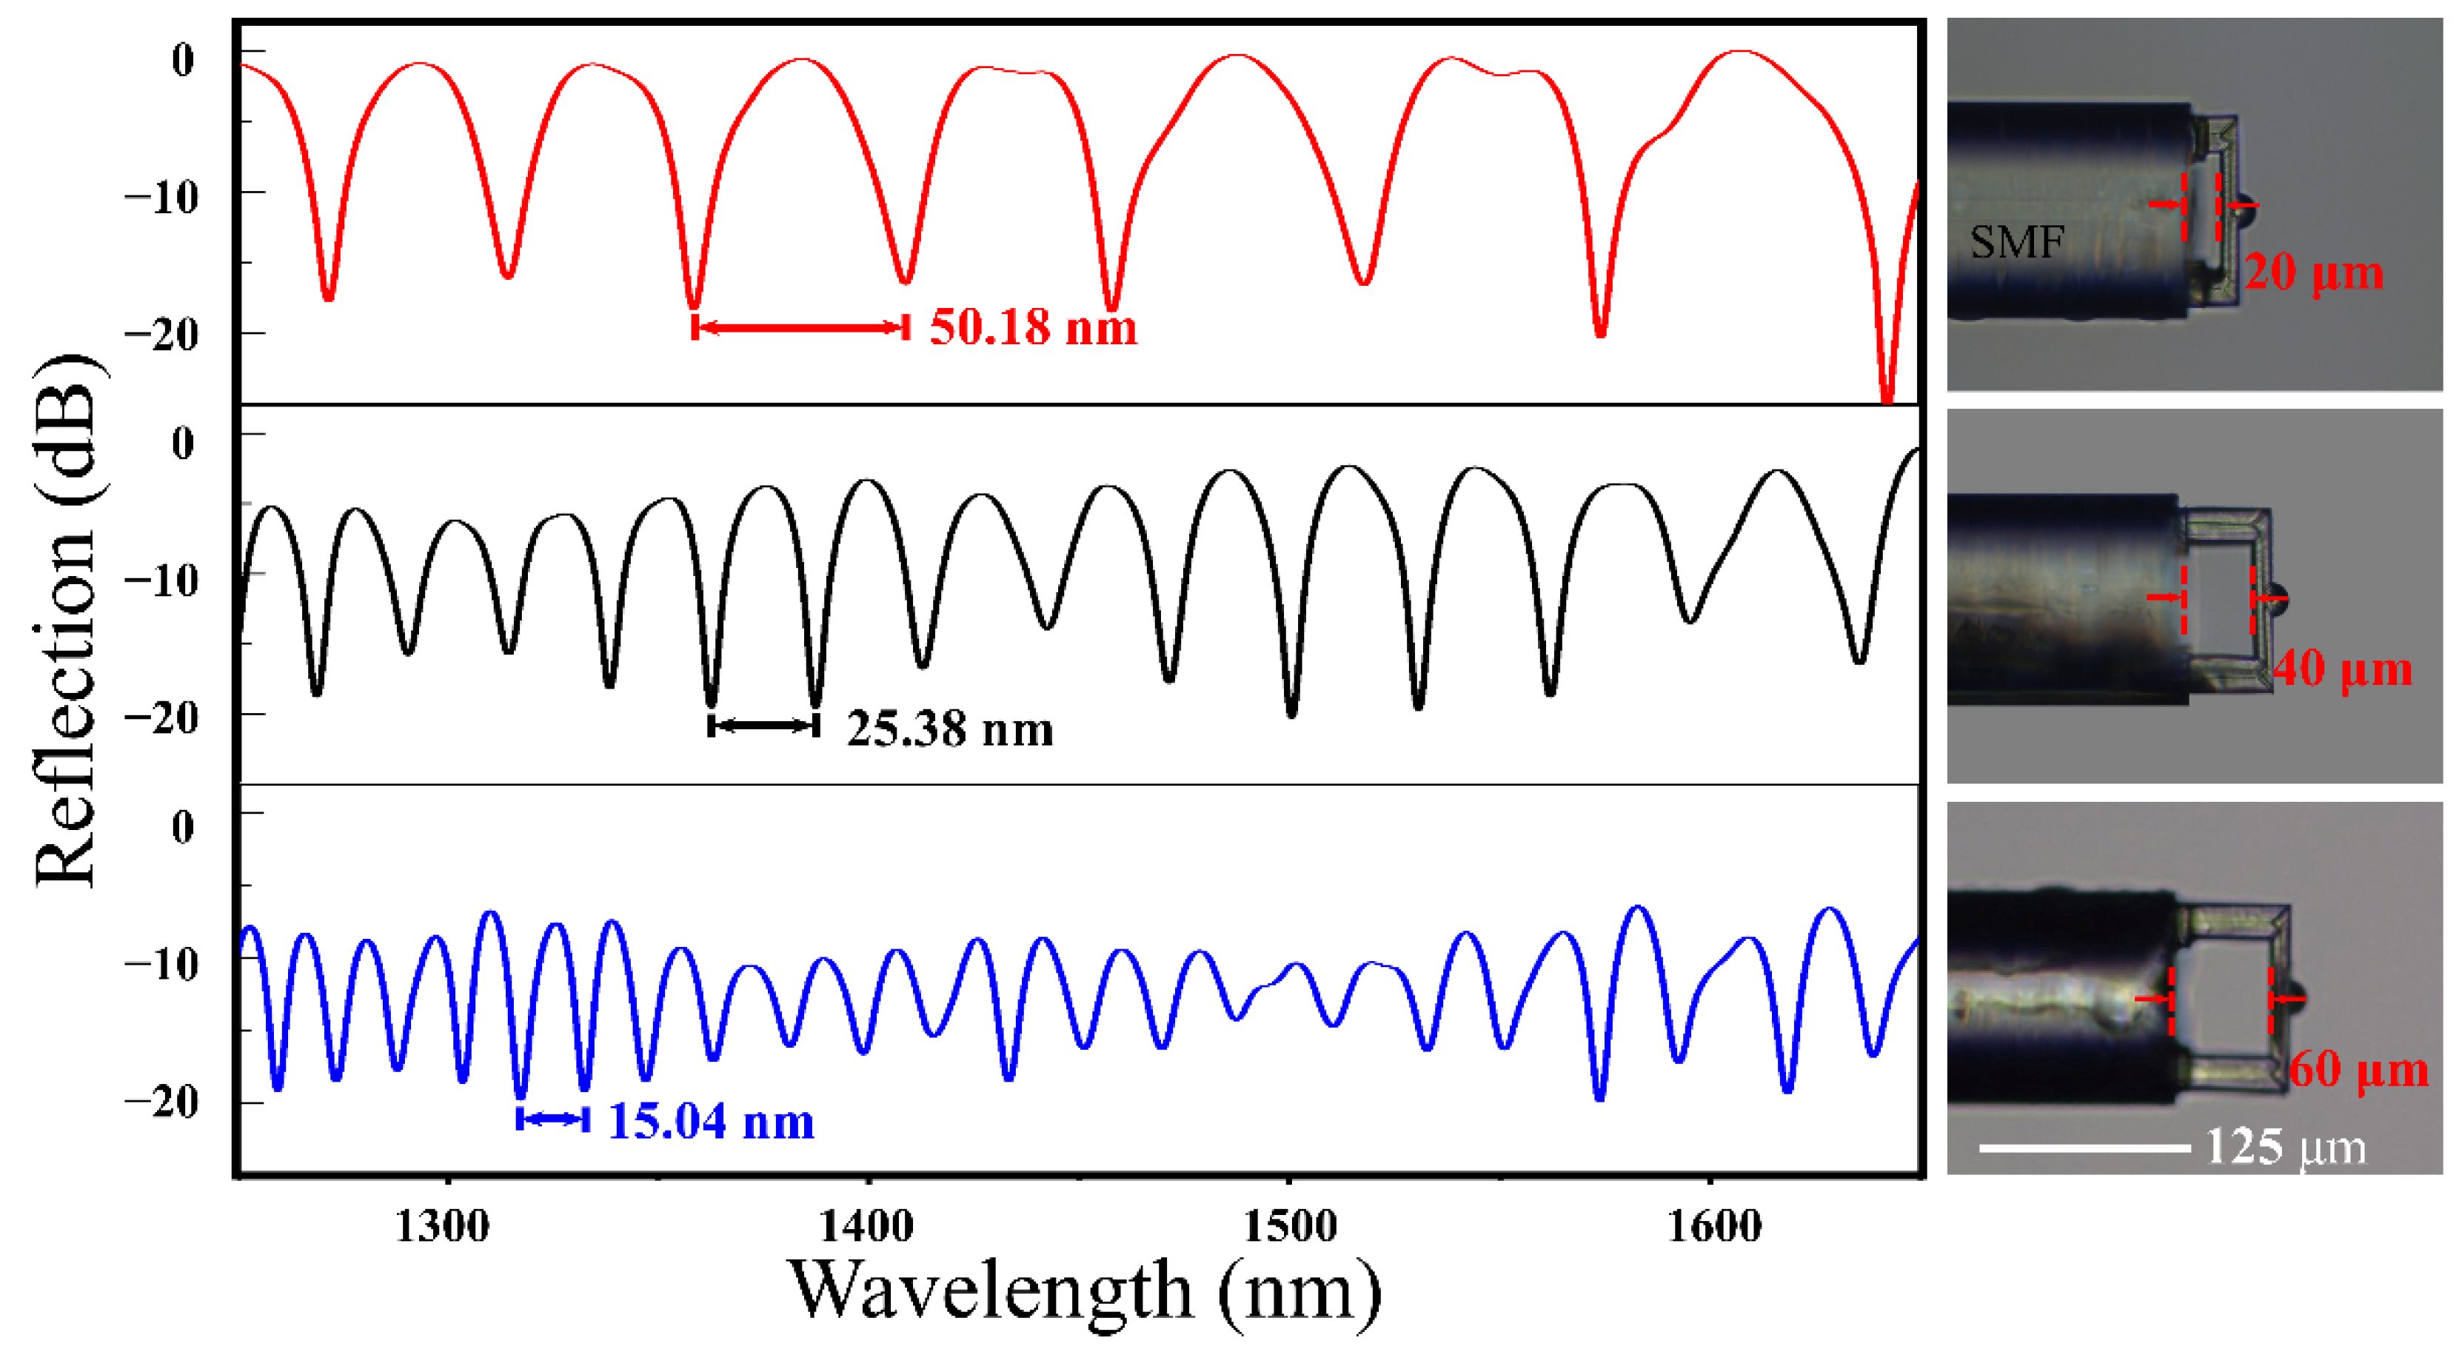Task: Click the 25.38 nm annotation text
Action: [949, 729]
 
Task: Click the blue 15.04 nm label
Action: [711, 1121]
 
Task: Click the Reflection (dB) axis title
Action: [67, 621]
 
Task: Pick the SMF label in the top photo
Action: [2017, 243]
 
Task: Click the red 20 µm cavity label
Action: [2313, 272]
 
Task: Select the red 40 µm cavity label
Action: [2341, 669]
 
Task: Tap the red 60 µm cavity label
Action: [2358, 1069]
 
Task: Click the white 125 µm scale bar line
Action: [2084, 1148]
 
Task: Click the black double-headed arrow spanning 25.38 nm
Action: [763, 726]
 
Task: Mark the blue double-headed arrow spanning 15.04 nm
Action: [553, 1119]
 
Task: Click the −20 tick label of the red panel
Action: [161, 335]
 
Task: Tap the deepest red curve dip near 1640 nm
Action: [1887, 397]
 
